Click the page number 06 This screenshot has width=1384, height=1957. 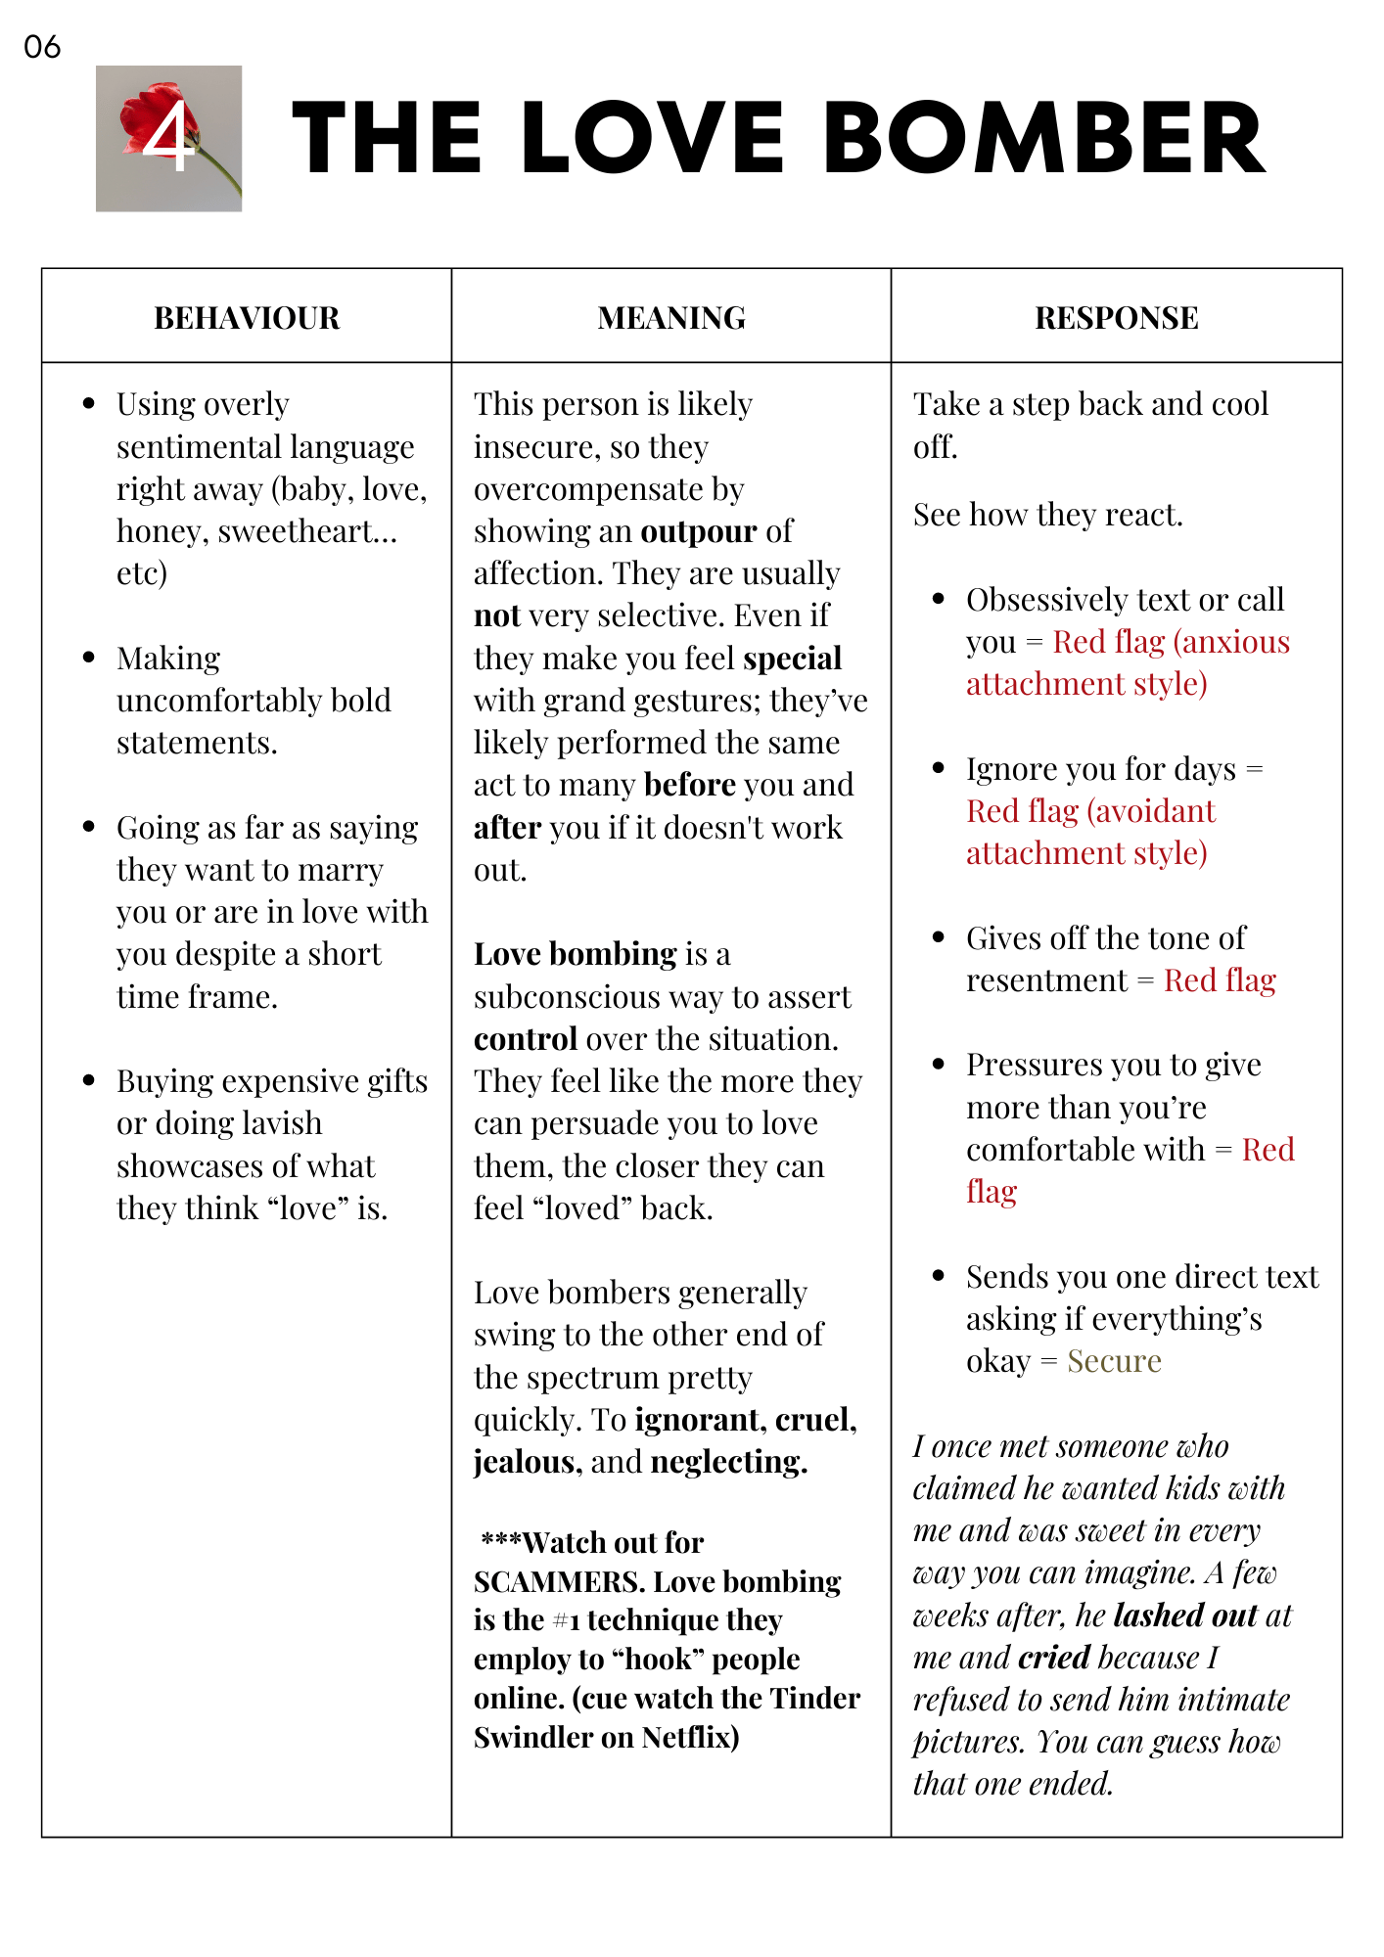point(42,47)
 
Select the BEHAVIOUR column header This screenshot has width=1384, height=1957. point(247,318)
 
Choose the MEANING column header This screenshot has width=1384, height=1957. point(671,318)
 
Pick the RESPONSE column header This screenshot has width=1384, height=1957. point(1116,318)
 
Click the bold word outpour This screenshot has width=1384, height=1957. point(698,531)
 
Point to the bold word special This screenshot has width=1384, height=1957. point(792,659)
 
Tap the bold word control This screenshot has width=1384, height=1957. point(525,1039)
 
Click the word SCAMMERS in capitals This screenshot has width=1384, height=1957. point(559,1582)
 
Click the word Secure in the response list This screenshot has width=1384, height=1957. point(1114,1361)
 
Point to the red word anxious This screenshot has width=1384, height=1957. point(1235,642)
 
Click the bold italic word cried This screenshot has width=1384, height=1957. point(1054,1658)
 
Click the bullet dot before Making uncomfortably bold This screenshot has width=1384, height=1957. point(89,658)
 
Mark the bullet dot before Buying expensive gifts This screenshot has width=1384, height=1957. point(89,1080)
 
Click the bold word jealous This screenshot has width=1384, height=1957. point(524,1462)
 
